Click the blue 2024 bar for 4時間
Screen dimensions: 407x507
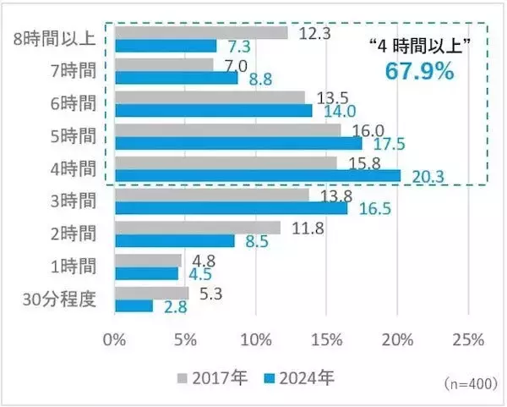click(257, 175)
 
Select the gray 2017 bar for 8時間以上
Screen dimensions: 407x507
click(200, 33)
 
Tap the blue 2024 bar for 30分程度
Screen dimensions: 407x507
click(133, 305)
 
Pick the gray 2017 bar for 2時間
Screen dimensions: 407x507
click(197, 228)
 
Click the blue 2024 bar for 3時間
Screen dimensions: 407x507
click(230, 207)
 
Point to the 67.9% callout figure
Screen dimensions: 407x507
click(420, 71)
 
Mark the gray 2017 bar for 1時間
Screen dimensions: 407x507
click(147, 260)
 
